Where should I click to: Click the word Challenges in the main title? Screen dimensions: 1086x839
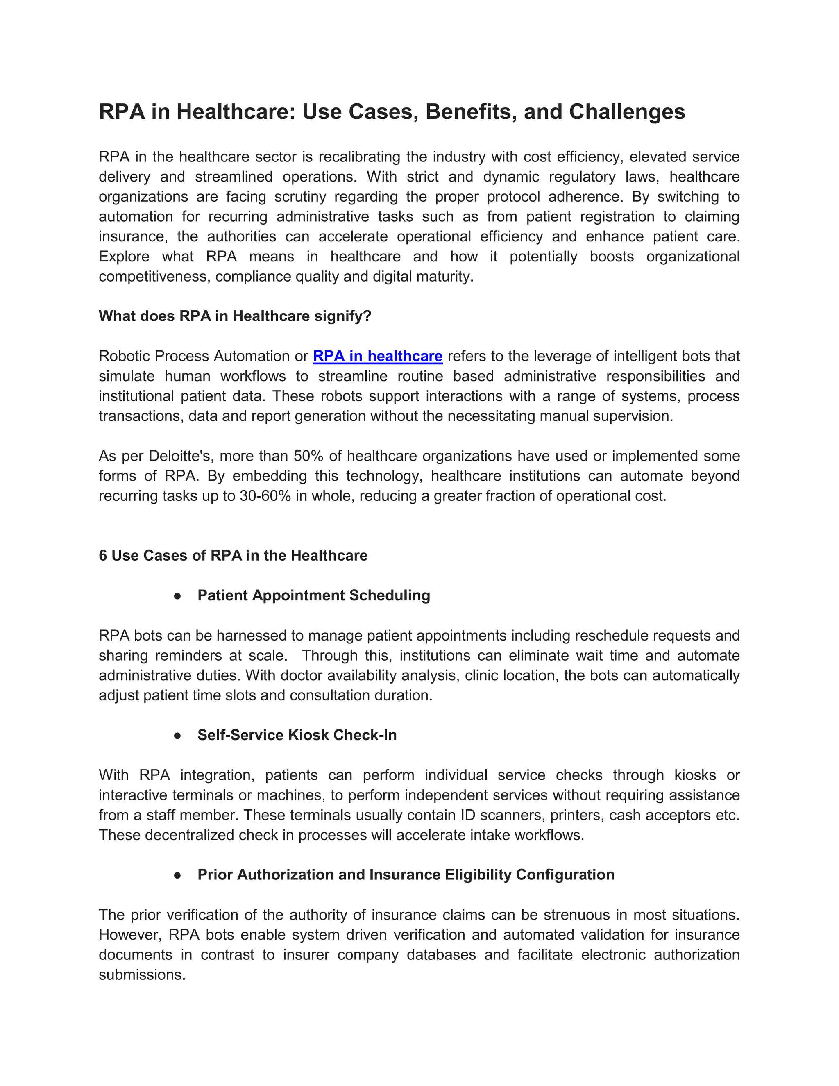(x=627, y=112)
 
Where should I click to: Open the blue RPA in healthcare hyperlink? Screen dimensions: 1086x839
(x=377, y=356)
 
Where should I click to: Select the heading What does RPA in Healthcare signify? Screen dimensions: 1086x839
(x=235, y=316)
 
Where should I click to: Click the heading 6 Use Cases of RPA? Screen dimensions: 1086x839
(x=233, y=555)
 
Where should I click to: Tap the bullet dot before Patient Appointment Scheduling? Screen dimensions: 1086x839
(x=177, y=596)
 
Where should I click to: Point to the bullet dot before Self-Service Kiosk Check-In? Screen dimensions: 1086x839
(x=177, y=736)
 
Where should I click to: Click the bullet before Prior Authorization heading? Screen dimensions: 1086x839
(x=177, y=875)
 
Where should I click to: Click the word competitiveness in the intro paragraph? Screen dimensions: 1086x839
(x=154, y=277)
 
